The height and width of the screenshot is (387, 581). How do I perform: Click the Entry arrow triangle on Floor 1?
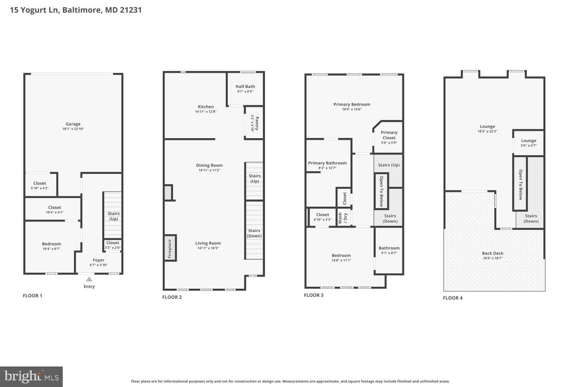(89, 279)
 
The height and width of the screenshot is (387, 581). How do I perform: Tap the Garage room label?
(73, 124)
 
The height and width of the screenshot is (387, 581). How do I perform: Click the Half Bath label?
(245, 87)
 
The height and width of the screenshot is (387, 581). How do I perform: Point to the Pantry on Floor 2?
(254, 123)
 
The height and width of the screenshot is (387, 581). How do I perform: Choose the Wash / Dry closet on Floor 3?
(343, 218)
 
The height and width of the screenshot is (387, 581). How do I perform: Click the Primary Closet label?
(389, 135)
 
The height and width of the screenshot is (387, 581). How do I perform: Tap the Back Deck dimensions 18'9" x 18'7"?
(492, 258)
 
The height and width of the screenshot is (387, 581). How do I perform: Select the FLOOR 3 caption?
(313, 295)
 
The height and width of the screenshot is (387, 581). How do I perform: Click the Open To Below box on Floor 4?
(520, 184)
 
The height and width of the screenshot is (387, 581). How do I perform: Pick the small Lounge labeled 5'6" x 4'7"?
(528, 143)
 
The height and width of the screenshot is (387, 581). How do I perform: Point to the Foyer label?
(98, 260)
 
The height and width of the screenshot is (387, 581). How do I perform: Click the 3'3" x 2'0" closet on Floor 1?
(113, 245)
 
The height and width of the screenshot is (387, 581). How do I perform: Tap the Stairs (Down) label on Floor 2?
(254, 233)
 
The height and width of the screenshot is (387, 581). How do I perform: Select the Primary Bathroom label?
(327, 163)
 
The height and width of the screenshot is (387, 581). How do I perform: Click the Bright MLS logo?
(31, 376)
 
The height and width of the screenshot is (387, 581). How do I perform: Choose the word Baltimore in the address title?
(82, 10)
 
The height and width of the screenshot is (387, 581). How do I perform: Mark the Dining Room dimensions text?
(209, 170)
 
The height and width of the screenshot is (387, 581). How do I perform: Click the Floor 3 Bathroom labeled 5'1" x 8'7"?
(389, 250)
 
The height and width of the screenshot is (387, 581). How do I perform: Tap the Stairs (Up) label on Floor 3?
(388, 165)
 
